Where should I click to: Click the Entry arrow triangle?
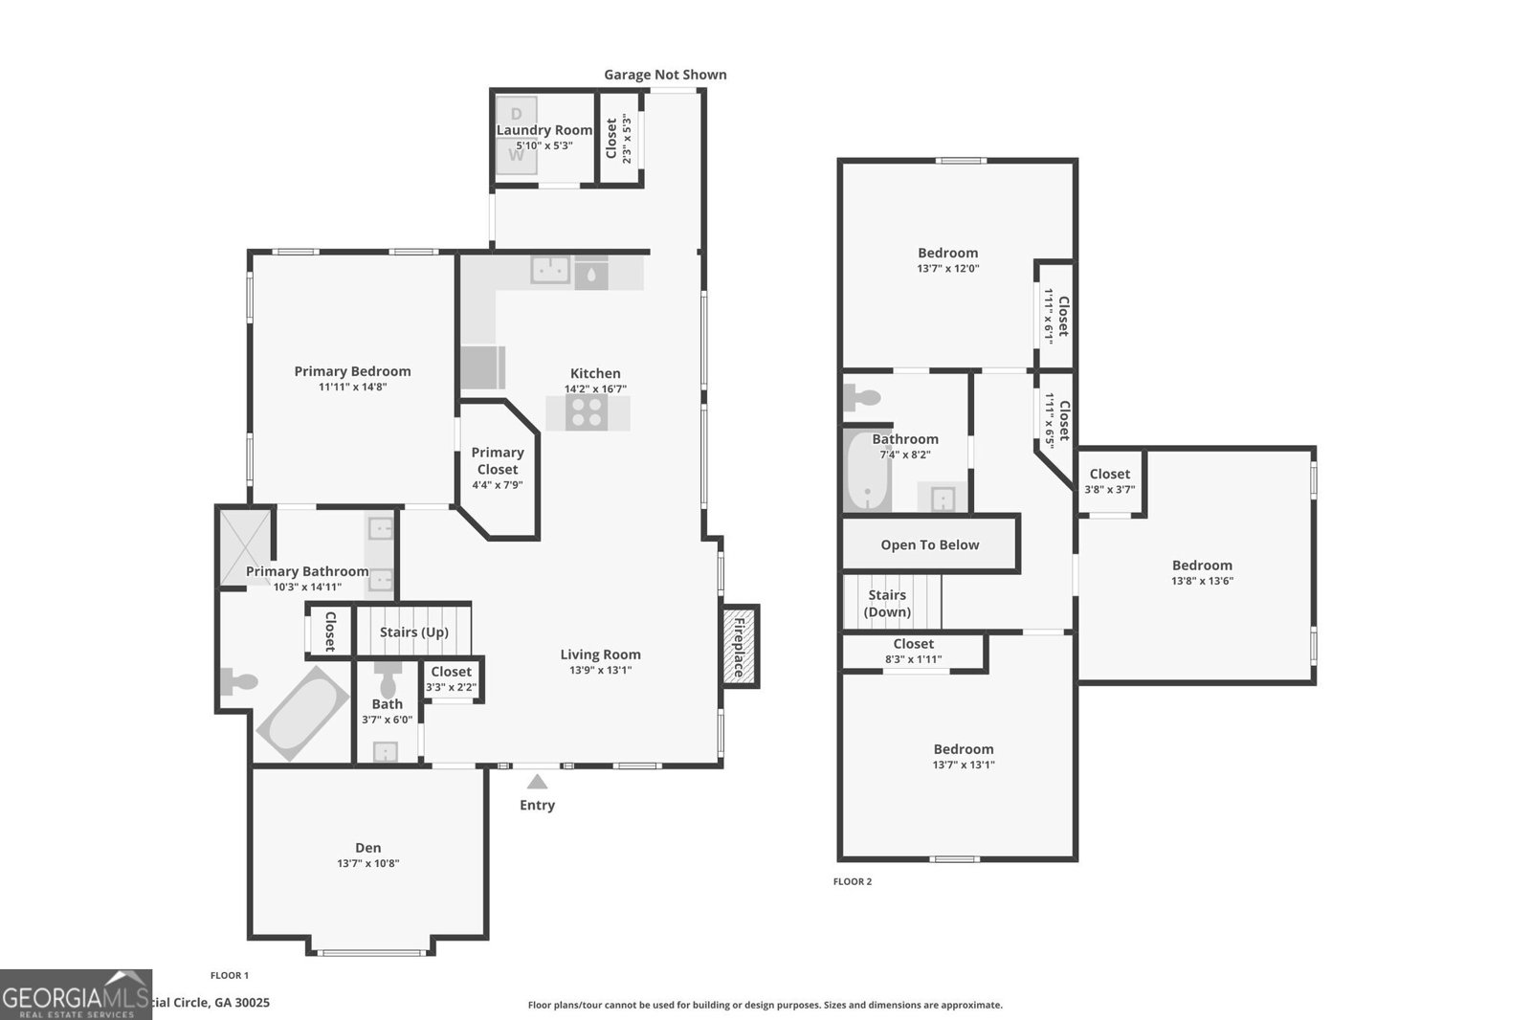point(537,782)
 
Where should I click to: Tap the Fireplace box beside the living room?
point(740,646)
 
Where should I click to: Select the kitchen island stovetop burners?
point(587,412)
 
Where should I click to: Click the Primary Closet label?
point(498,460)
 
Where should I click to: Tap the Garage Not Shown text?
point(665,75)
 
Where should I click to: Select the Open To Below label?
point(929,544)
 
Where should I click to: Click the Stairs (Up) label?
point(413,632)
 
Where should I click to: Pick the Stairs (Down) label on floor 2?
point(887,603)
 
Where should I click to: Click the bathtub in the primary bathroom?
point(302,713)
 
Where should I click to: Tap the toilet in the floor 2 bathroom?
point(864,399)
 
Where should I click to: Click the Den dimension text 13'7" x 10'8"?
point(367,863)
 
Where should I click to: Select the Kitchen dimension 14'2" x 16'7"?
point(595,389)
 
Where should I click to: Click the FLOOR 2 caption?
point(852,881)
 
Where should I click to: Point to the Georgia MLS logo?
point(76,994)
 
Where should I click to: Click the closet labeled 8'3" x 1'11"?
point(913,652)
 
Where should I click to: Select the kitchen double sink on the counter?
point(550,271)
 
